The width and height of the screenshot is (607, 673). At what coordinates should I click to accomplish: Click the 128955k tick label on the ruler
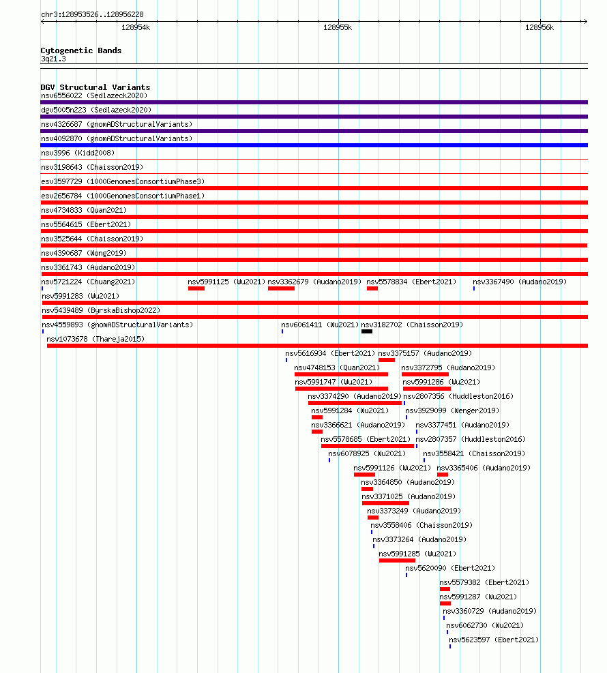[x=338, y=27]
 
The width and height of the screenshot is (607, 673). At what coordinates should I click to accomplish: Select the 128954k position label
[x=136, y=27]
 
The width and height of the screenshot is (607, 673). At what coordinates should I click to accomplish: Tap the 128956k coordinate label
[x=539, y=27]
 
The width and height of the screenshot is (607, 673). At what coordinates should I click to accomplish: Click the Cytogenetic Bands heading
[x=81, y=50]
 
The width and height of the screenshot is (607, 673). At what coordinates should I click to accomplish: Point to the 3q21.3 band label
[x=53, y=59]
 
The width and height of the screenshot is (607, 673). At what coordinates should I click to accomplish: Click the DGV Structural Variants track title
[x=95, y=87]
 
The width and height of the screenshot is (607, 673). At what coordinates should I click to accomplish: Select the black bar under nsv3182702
[x=367, y=331]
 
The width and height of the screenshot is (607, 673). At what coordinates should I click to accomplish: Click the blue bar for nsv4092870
[x=314, y=145]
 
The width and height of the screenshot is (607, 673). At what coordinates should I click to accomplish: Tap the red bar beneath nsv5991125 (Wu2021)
[x=196, y=288]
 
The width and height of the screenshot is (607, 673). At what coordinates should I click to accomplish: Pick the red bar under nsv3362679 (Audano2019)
[x=281, y=288]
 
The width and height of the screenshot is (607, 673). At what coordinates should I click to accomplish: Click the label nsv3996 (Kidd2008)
[x=78, y=153]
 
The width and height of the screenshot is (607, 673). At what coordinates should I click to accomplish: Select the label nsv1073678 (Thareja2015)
[x=95, y=339]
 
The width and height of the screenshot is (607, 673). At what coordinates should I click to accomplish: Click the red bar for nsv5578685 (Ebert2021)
[x=368, y=446]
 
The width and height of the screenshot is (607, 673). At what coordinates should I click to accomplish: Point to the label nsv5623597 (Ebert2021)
[x=494, y=640]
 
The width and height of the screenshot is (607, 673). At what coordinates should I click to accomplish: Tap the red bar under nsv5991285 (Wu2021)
[x=397, y=560]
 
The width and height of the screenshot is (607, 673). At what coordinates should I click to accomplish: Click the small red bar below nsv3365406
[x=443, y=475]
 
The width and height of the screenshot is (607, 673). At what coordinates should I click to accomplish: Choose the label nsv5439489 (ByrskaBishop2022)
[x=101, y=310]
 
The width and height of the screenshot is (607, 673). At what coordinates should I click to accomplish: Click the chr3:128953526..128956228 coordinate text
[x=92, y=14]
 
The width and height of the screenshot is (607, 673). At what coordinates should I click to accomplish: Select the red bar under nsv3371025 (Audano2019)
[x=385, y=503]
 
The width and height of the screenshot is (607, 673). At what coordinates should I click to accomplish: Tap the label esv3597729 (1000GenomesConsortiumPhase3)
[x=123, y=181]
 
